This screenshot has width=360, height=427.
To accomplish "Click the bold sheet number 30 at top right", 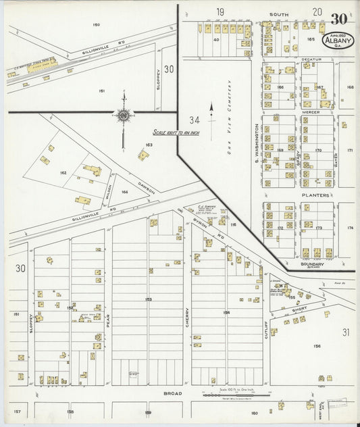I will [x=340, y=18].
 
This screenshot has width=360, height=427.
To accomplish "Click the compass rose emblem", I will [x=124, y=116].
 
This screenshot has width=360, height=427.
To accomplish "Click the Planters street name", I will [x=315, y=195].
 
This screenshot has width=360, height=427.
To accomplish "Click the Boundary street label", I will [x=313, y=264].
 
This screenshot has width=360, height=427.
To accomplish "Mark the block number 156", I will [x=316, y=346].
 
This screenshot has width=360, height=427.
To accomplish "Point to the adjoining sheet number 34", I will [x=195, y=120].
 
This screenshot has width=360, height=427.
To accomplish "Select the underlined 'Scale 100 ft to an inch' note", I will [x=173, y=133].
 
